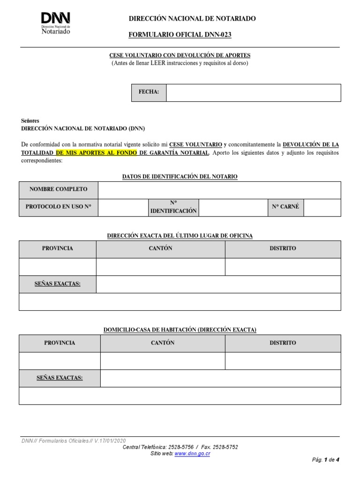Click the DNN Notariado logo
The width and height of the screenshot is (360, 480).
56,22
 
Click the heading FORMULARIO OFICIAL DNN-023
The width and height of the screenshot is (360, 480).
180,35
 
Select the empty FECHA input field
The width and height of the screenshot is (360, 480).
253,92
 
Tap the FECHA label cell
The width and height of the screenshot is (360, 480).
149,92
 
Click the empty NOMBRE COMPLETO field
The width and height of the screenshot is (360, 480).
219,190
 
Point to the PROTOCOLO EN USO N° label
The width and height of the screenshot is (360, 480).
59,207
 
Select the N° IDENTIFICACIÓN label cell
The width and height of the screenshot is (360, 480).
173,207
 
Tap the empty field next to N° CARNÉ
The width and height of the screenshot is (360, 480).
322,207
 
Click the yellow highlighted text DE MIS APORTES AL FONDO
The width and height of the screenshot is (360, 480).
97,152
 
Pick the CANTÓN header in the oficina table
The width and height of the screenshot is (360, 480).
160,248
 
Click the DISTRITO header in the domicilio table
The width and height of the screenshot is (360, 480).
283,343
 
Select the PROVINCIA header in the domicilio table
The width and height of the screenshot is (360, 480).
60,343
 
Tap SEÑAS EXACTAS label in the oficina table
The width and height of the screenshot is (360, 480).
58,284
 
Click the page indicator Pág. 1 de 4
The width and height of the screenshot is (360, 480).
325,460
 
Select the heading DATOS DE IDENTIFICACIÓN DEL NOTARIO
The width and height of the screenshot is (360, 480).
180,177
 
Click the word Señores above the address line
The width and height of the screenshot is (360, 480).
30,120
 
